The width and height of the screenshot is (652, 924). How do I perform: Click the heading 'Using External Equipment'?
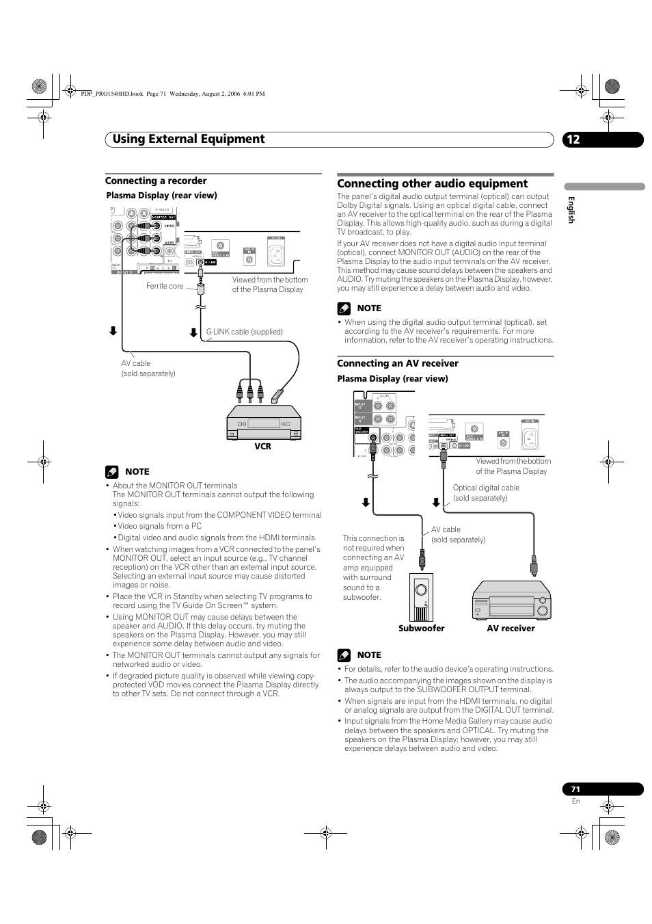[189, 139]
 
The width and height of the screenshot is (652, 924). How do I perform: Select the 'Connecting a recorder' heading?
[156, 181]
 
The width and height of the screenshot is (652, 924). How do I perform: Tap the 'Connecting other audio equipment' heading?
[432, 183]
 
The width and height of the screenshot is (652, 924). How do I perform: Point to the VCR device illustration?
[263, 423]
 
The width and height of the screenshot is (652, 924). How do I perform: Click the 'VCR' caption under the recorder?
[263, 447]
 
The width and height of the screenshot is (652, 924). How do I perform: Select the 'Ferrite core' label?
[165, 286]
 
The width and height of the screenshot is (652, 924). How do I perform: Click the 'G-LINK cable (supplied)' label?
[245, 332]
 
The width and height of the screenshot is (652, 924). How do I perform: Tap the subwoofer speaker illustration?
[422, 596]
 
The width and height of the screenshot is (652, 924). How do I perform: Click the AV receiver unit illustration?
[511, 600]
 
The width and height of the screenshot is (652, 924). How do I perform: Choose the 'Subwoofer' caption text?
[422, 629]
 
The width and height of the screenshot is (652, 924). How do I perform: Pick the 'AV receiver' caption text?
[511, 629]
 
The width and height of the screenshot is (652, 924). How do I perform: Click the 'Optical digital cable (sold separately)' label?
[486, 492]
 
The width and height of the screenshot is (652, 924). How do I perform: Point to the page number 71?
[575, 789]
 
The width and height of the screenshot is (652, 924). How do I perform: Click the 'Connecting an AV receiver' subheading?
[398, 363]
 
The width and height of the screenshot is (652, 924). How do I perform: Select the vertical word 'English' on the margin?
[571, 209]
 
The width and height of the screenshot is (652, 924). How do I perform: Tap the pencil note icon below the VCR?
[112, 472]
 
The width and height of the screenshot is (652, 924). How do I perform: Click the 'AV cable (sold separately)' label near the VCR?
[148, 369]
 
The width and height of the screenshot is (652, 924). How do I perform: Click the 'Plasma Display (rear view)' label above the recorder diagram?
[161, 196]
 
